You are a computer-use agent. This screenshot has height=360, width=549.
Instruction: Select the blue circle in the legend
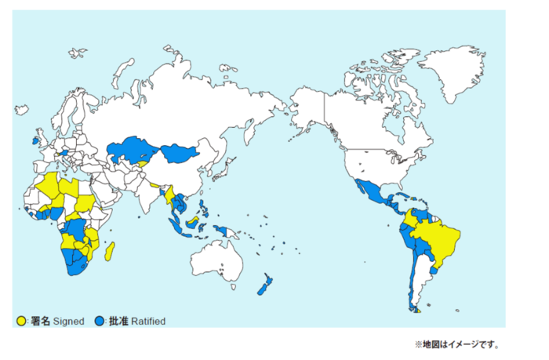[x=99, y=321]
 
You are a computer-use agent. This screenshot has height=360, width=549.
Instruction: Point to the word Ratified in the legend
[x=147, y=321]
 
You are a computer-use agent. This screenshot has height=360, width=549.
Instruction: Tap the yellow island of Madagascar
[x=111, y=252]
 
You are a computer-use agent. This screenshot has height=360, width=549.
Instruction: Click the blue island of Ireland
[x=35, y=141]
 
